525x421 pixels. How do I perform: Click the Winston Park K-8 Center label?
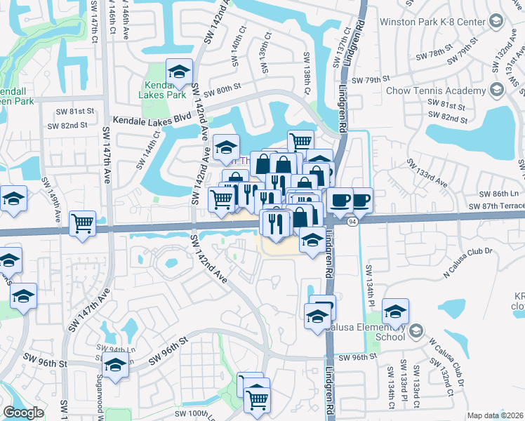(432, 22)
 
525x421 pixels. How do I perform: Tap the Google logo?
(23, 413)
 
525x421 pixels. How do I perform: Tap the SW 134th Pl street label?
(368, 280)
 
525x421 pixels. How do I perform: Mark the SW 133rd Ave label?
(427, 173)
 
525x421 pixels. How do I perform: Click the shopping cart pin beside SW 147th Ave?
(83, 224)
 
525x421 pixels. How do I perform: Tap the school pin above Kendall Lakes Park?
(179, 71)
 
